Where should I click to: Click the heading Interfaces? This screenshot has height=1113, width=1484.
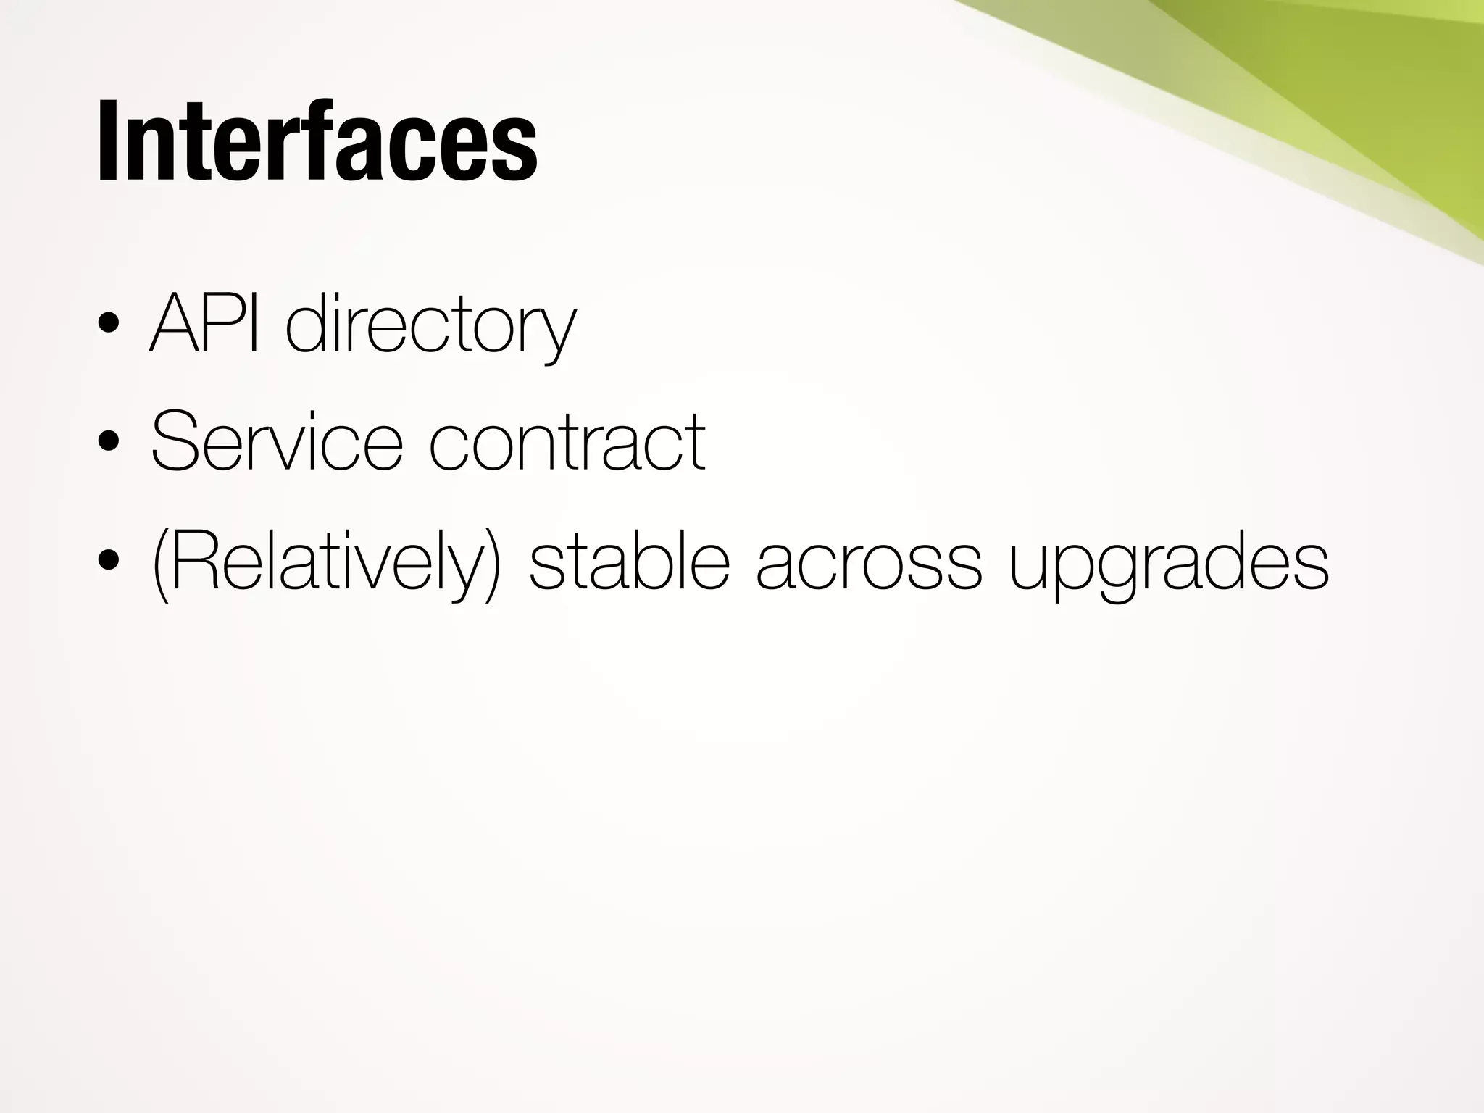click(317, 141)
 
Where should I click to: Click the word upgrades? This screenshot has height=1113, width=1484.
click(1169, 565)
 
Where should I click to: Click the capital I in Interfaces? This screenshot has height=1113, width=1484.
click(107, 141)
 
